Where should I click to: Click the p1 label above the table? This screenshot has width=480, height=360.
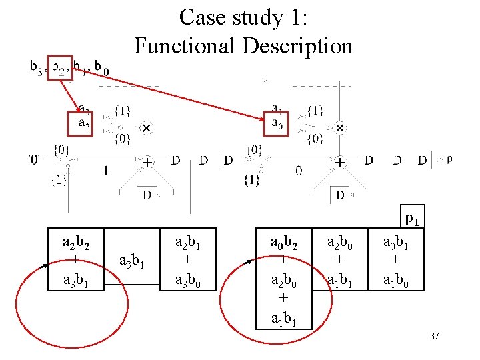pos(411,219)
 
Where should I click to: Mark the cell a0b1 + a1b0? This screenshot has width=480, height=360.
pos(397,260)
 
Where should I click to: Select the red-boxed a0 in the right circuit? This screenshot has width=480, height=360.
pos(277,123)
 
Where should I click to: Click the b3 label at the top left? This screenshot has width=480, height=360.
pos(37,67)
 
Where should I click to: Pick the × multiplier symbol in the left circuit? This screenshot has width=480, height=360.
pos(146,127)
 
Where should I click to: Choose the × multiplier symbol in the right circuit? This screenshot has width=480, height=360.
pos(339,127)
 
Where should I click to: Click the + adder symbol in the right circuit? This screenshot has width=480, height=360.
pos(339,161)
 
